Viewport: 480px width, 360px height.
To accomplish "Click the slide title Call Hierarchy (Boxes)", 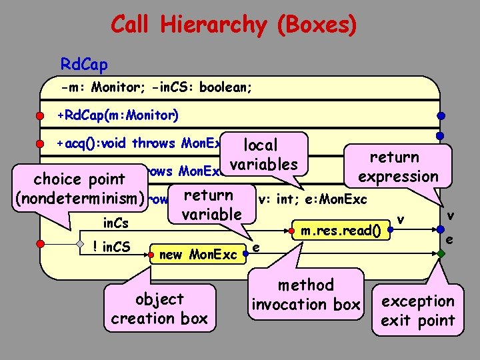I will click(x=233, y=25).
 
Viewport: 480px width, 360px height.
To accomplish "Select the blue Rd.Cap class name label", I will click(x=84, y=65).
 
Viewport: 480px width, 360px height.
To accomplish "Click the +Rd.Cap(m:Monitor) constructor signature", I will click(x=118, y=115).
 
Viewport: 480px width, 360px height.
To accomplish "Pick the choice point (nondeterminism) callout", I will click(x=79, y=189).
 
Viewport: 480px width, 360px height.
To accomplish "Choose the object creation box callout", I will click(x=159, y=308).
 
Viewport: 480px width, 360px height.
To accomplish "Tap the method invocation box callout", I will click(x=306, y=295).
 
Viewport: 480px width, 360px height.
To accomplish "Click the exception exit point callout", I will click(x=418, y=310).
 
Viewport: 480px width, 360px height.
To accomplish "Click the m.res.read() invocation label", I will click(x=341, y=231).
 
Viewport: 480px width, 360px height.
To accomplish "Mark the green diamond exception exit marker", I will click(x=440, y=253).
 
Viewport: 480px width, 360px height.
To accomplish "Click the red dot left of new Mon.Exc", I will click(x=154, y=253).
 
